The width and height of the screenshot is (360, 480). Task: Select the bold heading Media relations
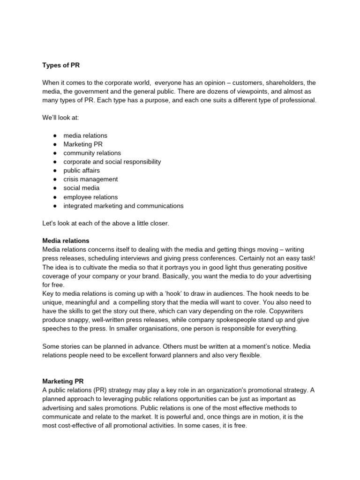(x=66, y=240)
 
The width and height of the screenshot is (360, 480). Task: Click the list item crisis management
(x=90, y=179)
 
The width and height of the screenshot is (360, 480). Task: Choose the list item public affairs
(x=82, y=170)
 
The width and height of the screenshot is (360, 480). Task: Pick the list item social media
(x=82, y=188)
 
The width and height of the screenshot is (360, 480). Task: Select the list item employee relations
(x=90, y=197)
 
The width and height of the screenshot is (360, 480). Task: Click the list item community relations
(x=92, y=153)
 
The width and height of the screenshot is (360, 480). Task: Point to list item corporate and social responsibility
(x=112, y=162)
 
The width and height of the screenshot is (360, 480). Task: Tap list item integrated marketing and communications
(x=123, y=206)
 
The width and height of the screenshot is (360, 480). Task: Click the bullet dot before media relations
(x=55, y=135)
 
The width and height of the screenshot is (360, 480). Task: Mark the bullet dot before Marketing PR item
(x=55, y=144)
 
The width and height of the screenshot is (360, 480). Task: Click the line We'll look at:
(x=60, y=118)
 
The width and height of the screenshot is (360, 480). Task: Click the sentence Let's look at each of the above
(x=105, y=223)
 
